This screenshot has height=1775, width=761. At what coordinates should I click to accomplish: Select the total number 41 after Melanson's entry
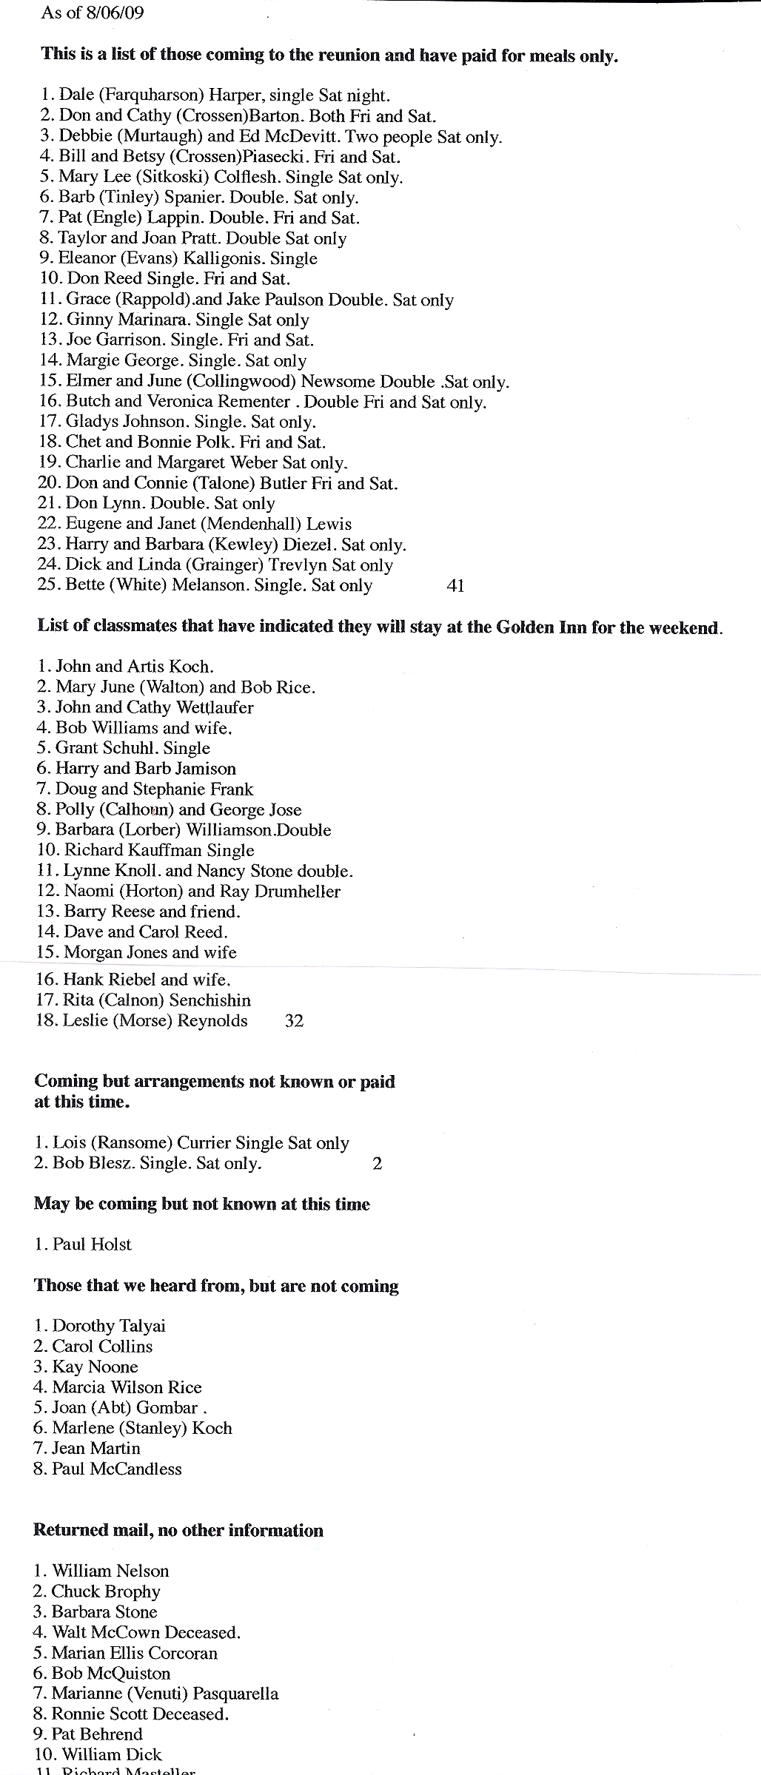coord(456,586)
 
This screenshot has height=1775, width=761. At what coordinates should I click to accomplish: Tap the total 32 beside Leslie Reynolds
coord(294,1021)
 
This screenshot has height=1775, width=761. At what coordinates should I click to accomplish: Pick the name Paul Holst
coord(92,1244)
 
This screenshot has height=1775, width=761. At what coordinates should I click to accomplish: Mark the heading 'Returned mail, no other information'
coord(178,1530)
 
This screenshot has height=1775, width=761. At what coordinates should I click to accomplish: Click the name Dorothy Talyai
coord(109,1326)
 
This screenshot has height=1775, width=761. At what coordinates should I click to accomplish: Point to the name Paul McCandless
coord(117,1469)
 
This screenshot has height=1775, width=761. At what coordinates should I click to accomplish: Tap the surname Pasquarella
coord(235,1694)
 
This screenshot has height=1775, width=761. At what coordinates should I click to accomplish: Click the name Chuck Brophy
coord(106,1592)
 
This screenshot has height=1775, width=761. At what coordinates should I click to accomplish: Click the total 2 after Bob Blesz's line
coord(378,1164)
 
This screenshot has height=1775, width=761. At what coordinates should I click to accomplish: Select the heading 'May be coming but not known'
coord(201,1204)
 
